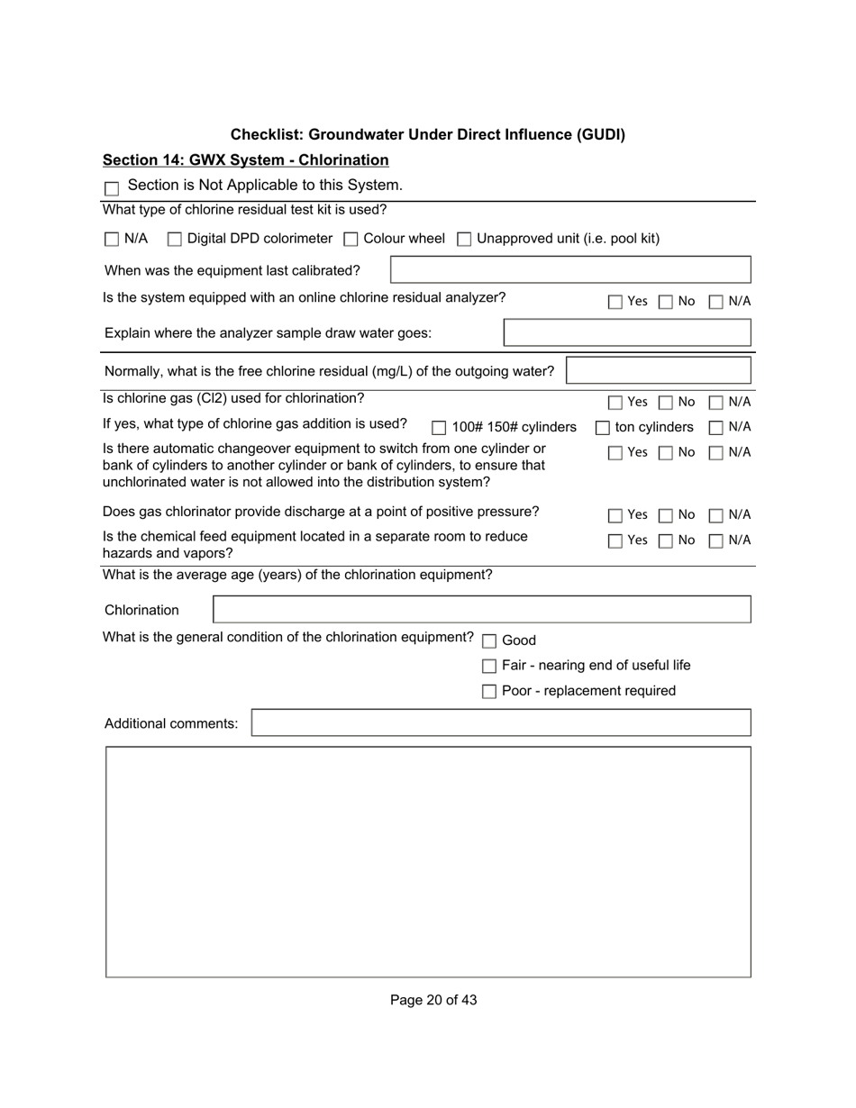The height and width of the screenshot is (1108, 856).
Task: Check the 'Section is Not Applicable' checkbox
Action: [x=112, y=188]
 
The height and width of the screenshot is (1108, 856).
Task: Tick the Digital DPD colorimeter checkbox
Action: [x=175, y=240]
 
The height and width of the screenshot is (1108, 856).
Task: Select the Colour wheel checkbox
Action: [x=351, y=240]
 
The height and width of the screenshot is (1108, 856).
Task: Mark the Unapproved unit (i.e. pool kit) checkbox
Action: [x=464, y=240]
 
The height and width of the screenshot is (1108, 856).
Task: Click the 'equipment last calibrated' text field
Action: [x=570, y=270]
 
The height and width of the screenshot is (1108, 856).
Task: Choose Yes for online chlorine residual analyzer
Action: [x=615, y=303]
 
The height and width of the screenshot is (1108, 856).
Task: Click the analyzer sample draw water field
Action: [x=627, y=333]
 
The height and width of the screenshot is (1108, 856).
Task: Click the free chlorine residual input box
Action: [x=659, y=371]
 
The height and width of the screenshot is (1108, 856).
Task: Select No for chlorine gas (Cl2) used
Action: [x=666, y=403]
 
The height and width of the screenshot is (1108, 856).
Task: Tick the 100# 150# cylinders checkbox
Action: [x=439, y=429]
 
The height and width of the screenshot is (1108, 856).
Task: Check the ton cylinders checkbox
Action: [x=603, y=428]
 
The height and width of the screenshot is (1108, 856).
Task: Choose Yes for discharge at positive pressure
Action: [x=615, y=516]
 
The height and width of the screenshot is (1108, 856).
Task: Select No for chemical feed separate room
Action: [x=666, y=541]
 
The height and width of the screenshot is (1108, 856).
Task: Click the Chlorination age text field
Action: [x=482, y=610]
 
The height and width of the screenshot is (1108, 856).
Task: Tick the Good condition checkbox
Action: [x=489, y=641]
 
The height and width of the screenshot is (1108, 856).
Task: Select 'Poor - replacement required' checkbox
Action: [x=489, y=692]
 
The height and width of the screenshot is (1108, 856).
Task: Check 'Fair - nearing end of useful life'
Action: [x=489, y=667]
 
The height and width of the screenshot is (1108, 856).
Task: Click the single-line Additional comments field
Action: [x=501, y=723]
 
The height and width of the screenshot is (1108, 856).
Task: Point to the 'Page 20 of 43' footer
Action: [x=433, y=1000]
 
